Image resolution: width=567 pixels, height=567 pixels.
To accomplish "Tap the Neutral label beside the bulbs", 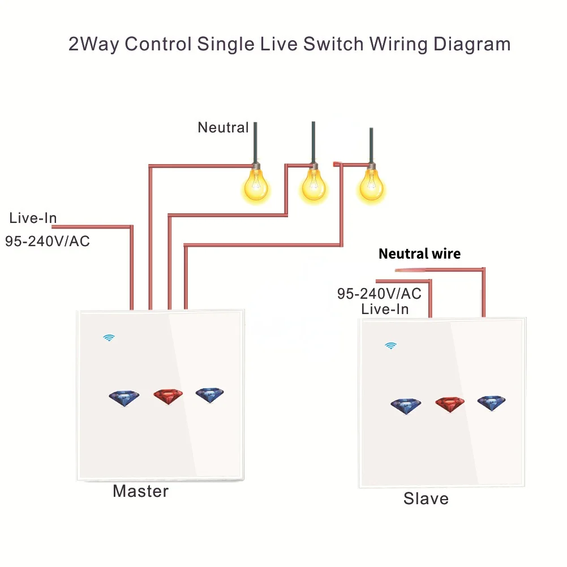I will (x=223, y=128).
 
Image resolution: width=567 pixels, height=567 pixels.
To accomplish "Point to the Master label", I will (x=140, y=491).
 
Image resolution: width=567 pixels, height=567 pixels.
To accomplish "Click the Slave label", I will (x=426, y=499).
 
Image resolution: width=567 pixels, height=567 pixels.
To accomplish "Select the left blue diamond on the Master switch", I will (x=124, y=398).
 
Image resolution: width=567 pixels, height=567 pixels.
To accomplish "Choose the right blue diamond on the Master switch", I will (x=209, y=395).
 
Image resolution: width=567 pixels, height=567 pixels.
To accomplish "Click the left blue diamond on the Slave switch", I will (x=406, y=406).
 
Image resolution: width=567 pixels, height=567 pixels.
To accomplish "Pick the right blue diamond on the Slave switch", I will (x=491, y=403).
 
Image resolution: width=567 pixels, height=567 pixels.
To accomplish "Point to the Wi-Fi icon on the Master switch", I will (x=109, y=338).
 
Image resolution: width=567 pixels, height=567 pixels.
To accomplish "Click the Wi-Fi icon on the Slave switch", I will (x=390, y=345).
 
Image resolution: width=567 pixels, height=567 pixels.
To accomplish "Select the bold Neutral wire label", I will (x=419, y=254).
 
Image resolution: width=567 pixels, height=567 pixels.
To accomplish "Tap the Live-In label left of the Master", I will (x=33, y=218).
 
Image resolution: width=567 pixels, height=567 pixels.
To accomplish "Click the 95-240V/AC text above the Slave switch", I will (x=379, y=294).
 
